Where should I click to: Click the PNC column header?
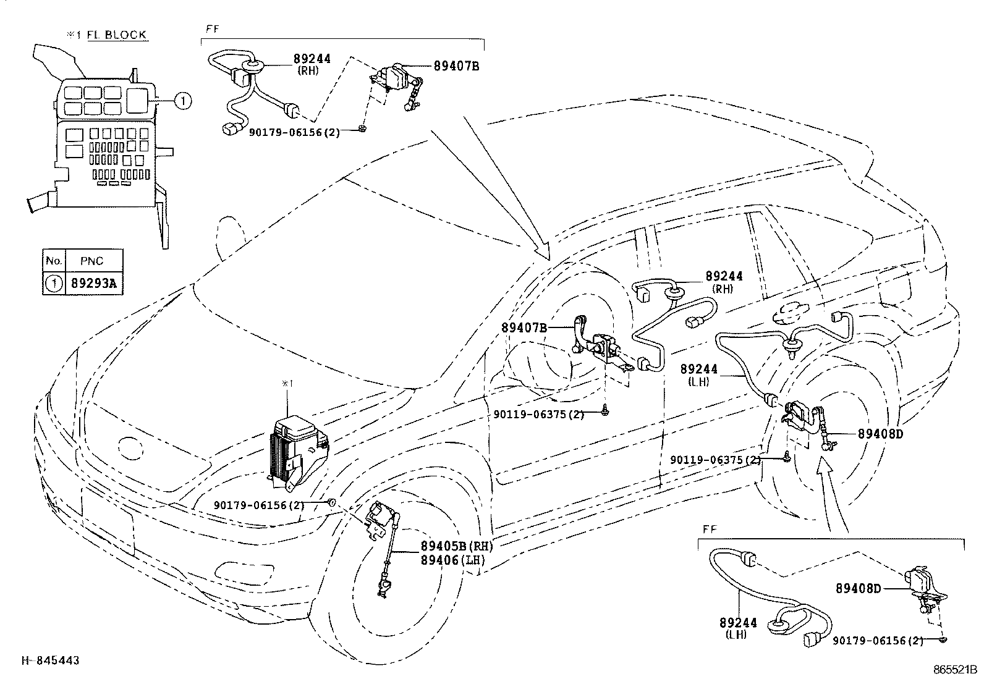(x=92, y=261)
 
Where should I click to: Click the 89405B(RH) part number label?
(x=456, y=547)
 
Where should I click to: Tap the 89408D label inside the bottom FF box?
(x=858, y=589)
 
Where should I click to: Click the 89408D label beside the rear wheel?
(x=880, y=434)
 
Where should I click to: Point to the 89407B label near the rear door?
(x=524, y=328)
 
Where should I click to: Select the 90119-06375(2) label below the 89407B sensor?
(x=538, y=415)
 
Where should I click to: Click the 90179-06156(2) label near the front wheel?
(x=259, y=505)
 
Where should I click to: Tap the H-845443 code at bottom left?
(x=50, y=661)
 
